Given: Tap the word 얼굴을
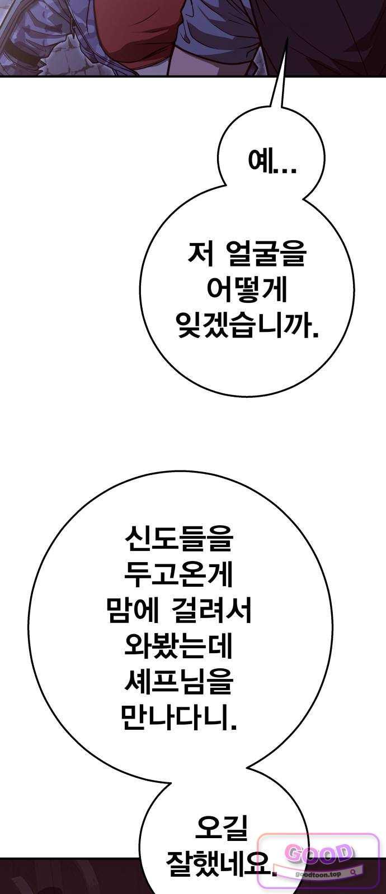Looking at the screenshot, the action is click(x=265, y=255).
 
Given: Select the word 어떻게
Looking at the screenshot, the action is click(x=247, y=291).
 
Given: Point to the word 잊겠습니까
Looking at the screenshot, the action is click(x=247, y=327).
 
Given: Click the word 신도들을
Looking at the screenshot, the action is click(x=178, y=539).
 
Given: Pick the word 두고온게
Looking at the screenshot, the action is click(x=178, y=574).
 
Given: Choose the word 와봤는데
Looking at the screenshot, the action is click(x=178, y=646).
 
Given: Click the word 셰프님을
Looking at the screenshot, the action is click(x=178, y=682).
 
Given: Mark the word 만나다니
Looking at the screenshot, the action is click(x=178, y=717).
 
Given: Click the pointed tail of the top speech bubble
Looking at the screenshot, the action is click(x=285, y=42).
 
